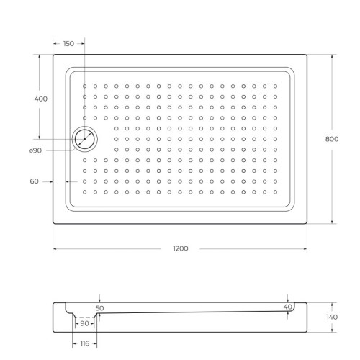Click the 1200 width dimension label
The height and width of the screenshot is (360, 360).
[180, 249]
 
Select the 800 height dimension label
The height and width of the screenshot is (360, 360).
[332, 140]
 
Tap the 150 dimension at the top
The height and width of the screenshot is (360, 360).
[68, 44]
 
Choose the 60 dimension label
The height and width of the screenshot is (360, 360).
[34, 181]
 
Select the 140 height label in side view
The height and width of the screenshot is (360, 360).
[332, 317]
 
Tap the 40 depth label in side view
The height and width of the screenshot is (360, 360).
[288, 307]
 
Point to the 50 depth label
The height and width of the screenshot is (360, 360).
[100, 307]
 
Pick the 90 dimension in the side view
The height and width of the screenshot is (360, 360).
[85, 323]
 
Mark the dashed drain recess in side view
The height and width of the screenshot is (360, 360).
[85, 317]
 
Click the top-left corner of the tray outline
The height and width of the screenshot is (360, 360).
[53, 55]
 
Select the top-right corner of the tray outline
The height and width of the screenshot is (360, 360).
[307, 55]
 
